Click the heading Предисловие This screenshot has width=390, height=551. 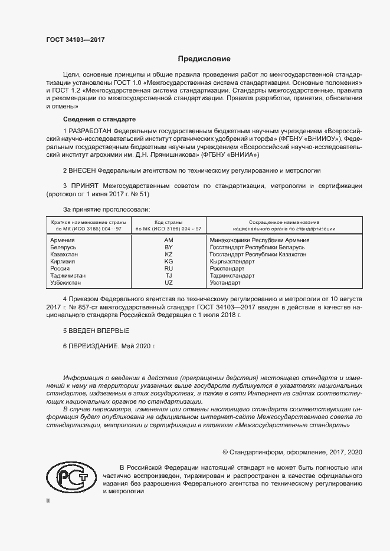coord(205,59)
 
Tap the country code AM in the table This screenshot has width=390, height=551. coord(169,240)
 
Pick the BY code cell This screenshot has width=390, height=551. coord(169,248)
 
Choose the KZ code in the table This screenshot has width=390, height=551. coord(169,254)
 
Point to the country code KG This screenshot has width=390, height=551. coord(169,261)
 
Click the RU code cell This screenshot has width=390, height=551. coord(169,268)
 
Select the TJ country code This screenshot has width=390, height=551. coord(169,275)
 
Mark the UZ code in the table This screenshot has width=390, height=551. coord(169,282)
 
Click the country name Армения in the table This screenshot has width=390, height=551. coord(63,240)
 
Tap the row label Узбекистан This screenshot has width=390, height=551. coord(67,282)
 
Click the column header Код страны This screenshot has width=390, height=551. coord(169,221)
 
